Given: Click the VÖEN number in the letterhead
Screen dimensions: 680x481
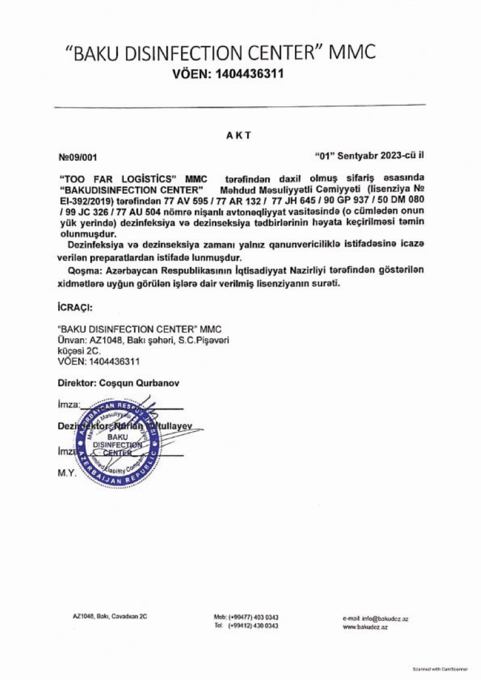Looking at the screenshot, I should pyautogui.click(x=249, y=74).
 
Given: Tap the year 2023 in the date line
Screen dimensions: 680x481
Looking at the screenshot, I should pyautogui.click(x=392, y=154).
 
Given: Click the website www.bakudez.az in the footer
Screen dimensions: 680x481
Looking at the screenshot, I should pyautogui.click(x=365, y=628).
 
